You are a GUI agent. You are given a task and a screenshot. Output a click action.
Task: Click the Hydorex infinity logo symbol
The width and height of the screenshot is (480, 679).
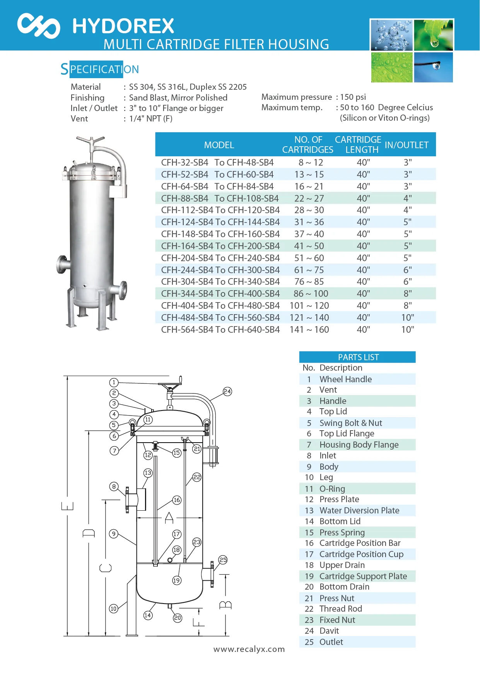click(39, 26)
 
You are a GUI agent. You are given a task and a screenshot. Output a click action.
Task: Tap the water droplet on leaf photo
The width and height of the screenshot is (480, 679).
click(434, 35)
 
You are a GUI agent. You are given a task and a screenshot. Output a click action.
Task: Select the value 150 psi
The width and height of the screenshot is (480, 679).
click(353, 97)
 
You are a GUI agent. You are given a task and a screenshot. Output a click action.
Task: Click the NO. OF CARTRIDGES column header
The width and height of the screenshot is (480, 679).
click(308, 145)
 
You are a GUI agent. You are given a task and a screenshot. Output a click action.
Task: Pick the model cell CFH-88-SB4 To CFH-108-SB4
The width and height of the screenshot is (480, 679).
click(220, 198)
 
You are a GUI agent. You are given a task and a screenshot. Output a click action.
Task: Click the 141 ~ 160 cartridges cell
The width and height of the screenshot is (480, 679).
click(309, 330)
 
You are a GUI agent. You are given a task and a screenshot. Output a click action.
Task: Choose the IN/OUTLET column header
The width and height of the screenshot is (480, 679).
click(407, 145)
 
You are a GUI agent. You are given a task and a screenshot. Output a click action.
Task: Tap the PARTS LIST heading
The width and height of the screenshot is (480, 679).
click(358, 357)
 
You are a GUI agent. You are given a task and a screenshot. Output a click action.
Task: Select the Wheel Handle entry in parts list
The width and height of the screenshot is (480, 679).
click(345, 379)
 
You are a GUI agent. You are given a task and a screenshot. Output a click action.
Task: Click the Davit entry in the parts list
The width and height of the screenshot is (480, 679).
click(329, 631)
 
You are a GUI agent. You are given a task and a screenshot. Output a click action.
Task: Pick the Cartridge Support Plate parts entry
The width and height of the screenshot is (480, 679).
click(363, 576)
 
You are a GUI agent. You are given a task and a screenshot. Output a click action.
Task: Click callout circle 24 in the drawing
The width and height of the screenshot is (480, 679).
click(227, 392)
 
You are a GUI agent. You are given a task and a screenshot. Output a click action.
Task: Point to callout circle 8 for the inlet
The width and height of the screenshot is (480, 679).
click(114, 486)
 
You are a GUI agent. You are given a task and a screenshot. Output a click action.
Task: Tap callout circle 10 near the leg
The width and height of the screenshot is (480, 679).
click(113, 609)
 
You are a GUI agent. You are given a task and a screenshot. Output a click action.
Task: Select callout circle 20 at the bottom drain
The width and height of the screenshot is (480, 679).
click(178, 618)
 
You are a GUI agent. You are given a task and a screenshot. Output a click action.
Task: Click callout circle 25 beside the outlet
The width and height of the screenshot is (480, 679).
click(223, 560)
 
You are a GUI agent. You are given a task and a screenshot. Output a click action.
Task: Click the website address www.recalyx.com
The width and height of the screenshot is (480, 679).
click(249, 649)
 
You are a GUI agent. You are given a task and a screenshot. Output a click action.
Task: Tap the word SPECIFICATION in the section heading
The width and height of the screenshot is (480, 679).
click(100, 69)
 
